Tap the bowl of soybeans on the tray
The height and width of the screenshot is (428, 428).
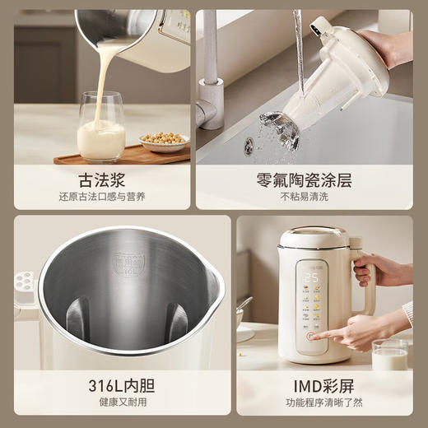click(x=164, y=142)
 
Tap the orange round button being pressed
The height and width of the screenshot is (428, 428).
click(x=311, y=336)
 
